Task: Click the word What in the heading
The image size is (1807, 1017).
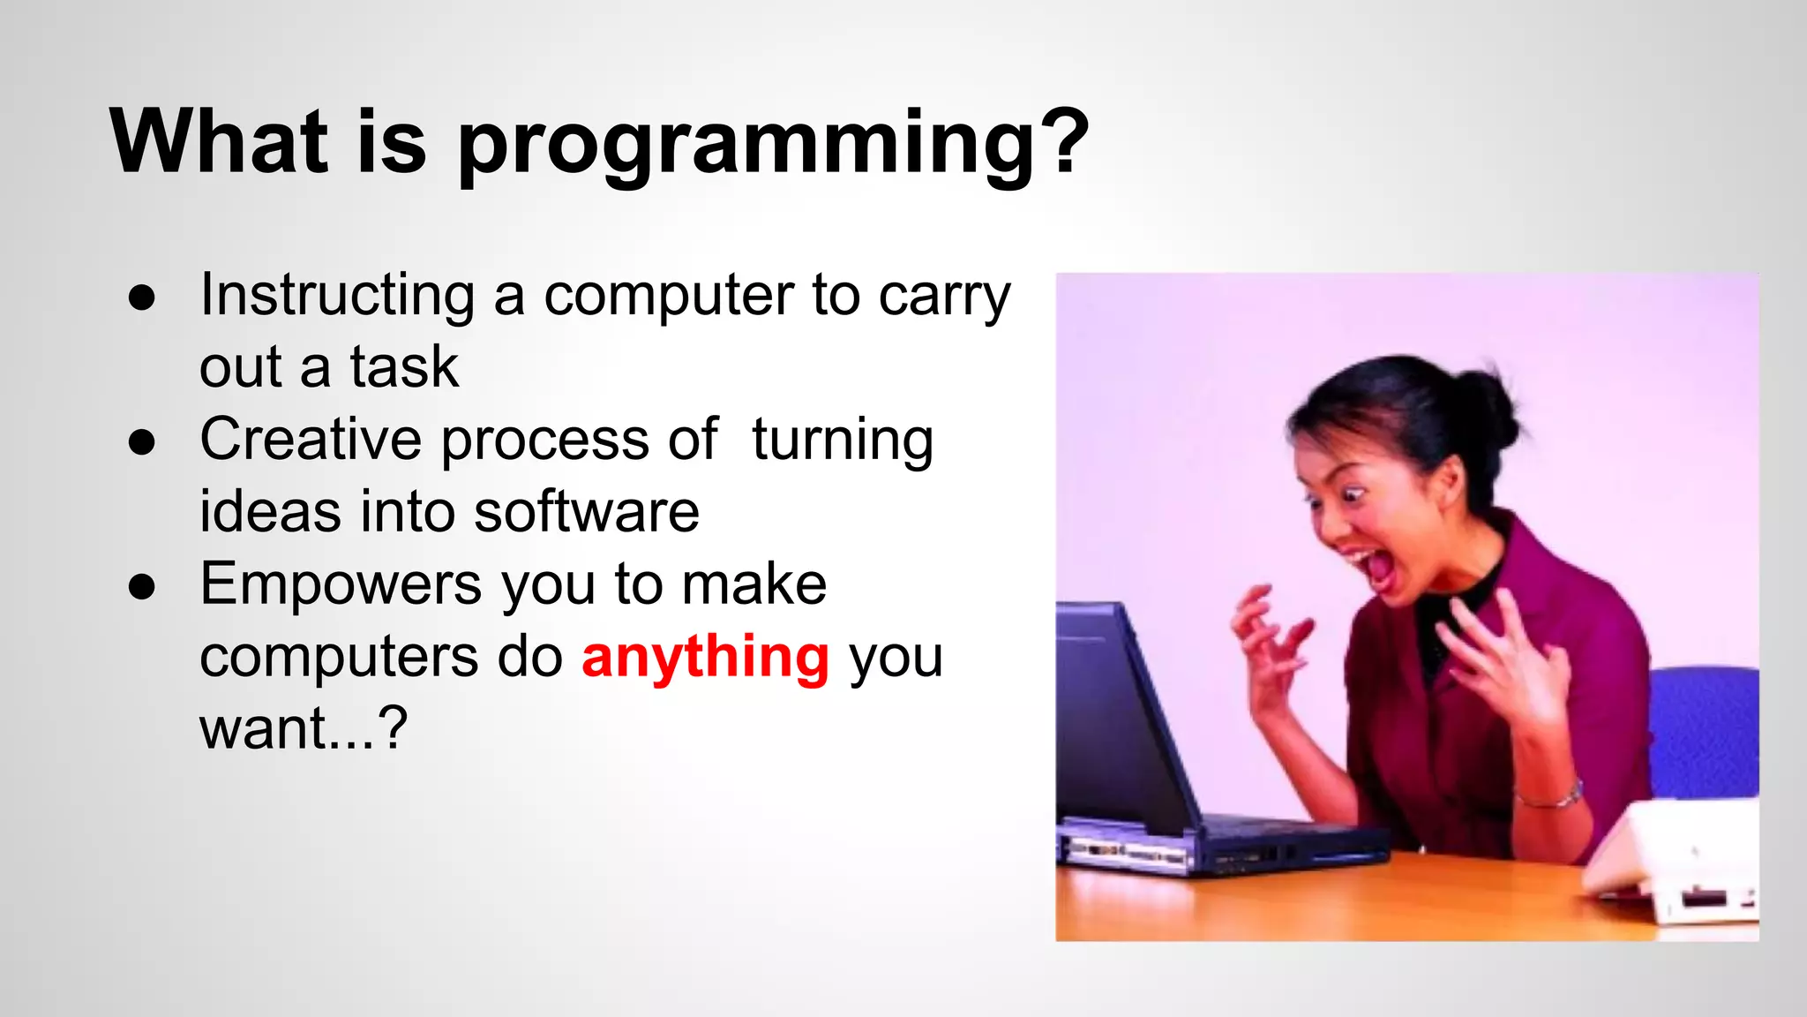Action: pos(218,141)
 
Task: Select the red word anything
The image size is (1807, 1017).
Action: pos(705,658)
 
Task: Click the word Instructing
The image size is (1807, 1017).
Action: pos(337,296)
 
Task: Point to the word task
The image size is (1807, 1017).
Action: pos(403,367)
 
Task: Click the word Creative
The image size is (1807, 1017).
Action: pos(311,439)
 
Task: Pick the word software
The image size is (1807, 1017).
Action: pos(586,512)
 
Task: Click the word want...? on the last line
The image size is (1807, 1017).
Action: pos(304,729)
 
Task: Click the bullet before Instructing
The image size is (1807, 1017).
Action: pos(141,298)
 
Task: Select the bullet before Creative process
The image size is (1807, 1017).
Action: pos(141,441)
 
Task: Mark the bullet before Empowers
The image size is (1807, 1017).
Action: pos(141,586)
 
